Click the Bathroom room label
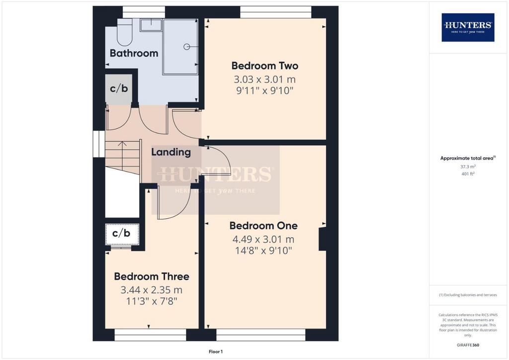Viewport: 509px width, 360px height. click(134, 53)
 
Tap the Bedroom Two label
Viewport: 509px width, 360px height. click(264, 66)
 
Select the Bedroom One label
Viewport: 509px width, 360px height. click(263, 226)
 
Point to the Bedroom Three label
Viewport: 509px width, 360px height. click(152, 276)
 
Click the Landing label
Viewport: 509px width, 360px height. click(171, 152)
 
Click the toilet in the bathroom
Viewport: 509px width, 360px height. click(125, 32)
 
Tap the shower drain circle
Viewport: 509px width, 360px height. click(187, 47)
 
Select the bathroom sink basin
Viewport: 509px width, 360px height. click(151, 25)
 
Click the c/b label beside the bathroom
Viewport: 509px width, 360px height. click(119, 89)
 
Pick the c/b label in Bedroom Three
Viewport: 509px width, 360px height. click(121, 233)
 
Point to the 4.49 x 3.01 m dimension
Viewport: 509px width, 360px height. click(263, 239)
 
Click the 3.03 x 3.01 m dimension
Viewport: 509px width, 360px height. click(264, 79)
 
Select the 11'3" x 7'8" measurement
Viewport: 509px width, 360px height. click(152, 301)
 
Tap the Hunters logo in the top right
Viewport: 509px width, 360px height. click(468, 27)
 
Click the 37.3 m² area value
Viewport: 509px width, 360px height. click(468, 167)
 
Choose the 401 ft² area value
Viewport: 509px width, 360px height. click(468, 174)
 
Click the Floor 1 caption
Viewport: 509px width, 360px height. click(216, 352)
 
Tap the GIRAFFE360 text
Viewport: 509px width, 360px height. click(468, 345)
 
